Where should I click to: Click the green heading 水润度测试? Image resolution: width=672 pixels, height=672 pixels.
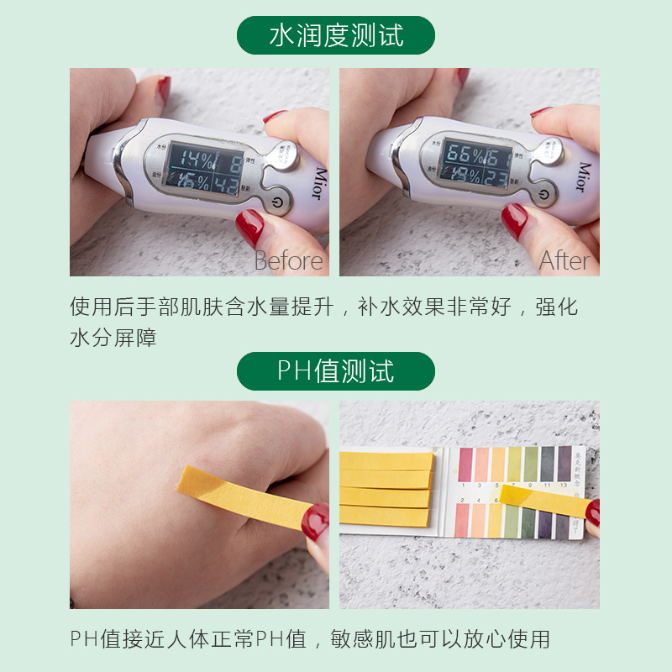click(336, 35)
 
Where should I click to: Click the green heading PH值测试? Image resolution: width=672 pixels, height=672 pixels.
click(336, 370)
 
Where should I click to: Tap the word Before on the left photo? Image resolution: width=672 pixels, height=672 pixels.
click(288, 260)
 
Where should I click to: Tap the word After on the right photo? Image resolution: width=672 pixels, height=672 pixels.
click(564, 260)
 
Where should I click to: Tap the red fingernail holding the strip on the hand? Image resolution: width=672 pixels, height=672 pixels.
click(315, 521)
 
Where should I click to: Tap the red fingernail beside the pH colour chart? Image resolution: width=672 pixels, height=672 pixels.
click(593, 512)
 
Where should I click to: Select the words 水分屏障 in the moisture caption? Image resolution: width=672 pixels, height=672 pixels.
click(113, 339)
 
